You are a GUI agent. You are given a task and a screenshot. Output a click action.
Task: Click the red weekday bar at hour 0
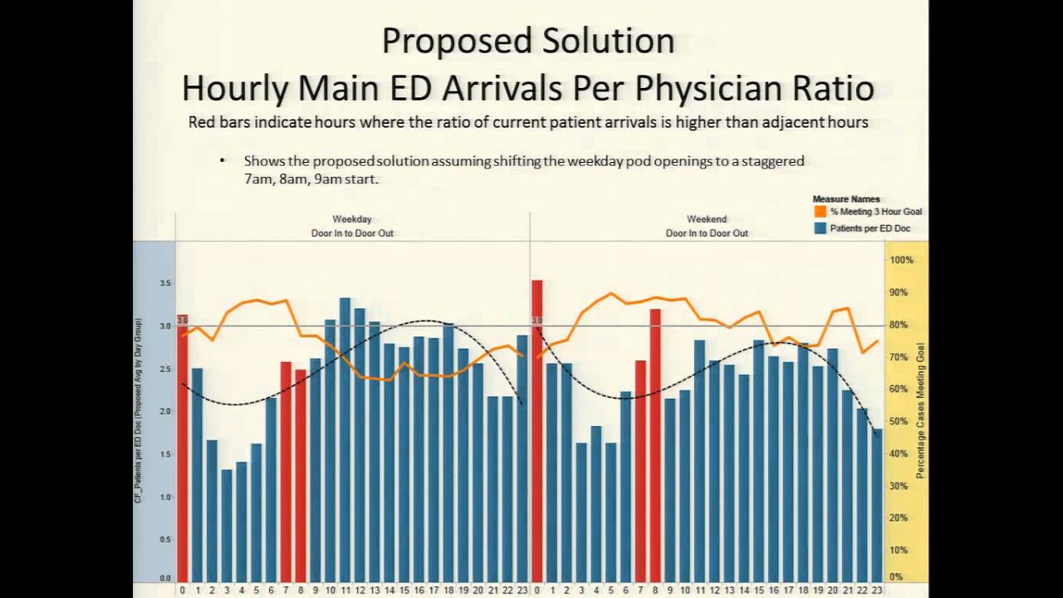coord(182,448)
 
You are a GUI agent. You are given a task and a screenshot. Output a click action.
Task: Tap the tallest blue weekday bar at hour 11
coord(345,440)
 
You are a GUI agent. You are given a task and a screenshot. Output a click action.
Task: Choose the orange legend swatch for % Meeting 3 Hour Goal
coord(821,212)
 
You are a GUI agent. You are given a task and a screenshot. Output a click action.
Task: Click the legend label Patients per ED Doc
coord(870,228)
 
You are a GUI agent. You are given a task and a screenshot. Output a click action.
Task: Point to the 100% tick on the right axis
coord(901,260)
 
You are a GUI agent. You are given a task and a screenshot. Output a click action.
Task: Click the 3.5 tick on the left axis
coord(165,283)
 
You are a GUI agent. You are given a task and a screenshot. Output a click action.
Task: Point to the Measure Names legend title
coord(845,199)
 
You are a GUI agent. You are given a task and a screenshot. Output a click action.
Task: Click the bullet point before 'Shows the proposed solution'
coord(223,160)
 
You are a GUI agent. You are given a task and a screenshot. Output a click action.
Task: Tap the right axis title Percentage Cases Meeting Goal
coord(920,411)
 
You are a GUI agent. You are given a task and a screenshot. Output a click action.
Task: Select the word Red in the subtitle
coord(202,122)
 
